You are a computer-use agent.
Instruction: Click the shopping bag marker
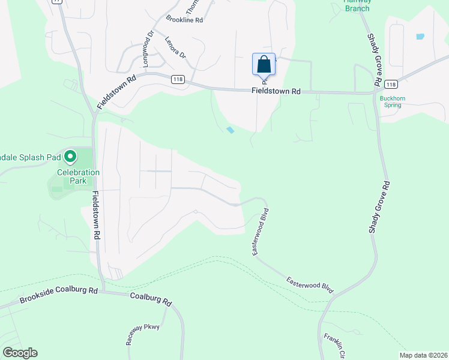(264, 64)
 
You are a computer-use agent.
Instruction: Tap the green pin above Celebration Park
(70, 157)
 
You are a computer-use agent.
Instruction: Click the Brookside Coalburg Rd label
(58, 295)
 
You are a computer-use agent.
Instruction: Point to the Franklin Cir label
(333, 345)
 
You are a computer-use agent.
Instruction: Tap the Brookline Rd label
(185, 20)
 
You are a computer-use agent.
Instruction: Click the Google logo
(20, 353)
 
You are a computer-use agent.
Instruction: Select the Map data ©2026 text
(423, 355)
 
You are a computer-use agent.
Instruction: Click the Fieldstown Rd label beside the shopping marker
(276, 91)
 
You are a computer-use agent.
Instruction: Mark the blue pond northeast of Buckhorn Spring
(420, 37)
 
